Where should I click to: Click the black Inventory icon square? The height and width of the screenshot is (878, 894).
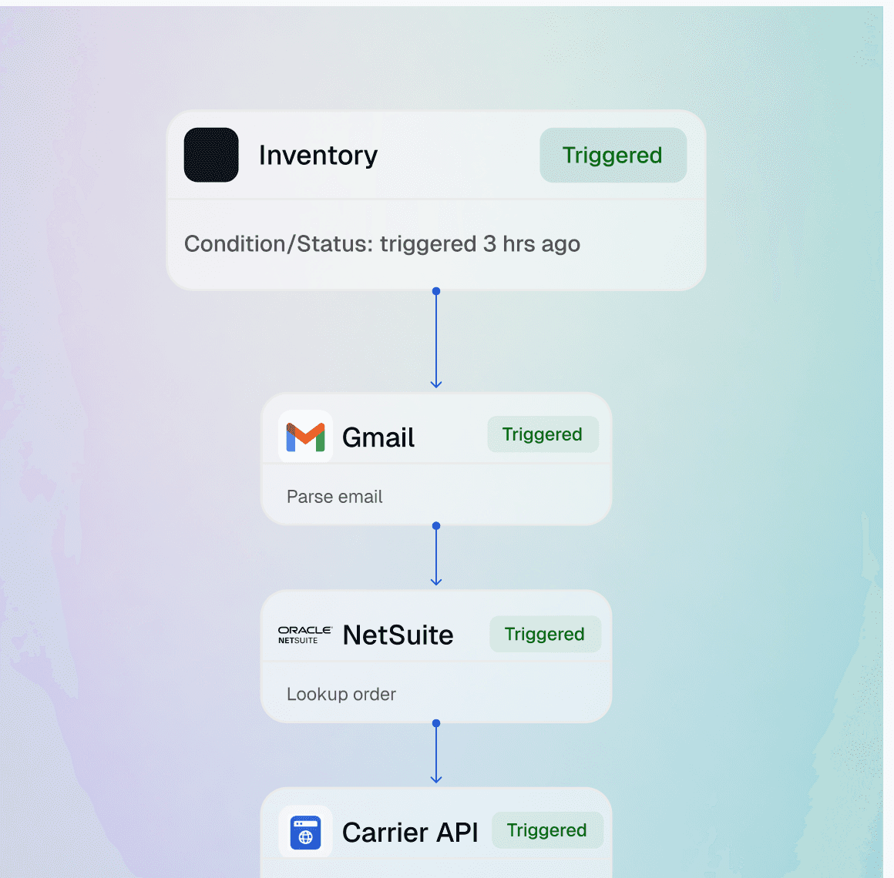pos(211,155)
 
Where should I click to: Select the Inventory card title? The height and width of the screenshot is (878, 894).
pos(318,156)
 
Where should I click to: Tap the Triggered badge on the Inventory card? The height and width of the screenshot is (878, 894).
pos(613,156)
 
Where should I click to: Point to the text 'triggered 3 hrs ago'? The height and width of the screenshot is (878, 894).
pos(480,244)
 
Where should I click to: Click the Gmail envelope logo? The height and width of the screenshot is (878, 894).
pos(305,437)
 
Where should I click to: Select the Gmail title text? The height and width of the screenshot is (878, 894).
pos(378,437)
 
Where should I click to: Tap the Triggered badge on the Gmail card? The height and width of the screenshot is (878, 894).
pos(543,434)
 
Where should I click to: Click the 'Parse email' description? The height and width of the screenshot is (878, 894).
pos(334,497)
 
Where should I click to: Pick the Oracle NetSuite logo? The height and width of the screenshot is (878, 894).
pos(304,635)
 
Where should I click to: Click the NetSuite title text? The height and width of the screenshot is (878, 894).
pos(398,635)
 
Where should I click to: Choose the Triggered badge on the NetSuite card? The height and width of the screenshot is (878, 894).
pos(545,634)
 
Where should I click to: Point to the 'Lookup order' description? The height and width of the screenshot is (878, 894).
pos(341,694)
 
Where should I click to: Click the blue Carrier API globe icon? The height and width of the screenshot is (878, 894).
pos(305,833)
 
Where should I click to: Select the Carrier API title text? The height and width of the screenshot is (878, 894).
pos(410,833)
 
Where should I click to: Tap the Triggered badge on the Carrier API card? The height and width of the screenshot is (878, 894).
pos(547,830)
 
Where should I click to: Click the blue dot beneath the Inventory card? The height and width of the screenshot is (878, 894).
pos(436,291)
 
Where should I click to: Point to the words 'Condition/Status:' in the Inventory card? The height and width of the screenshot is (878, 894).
pos(278,244)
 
